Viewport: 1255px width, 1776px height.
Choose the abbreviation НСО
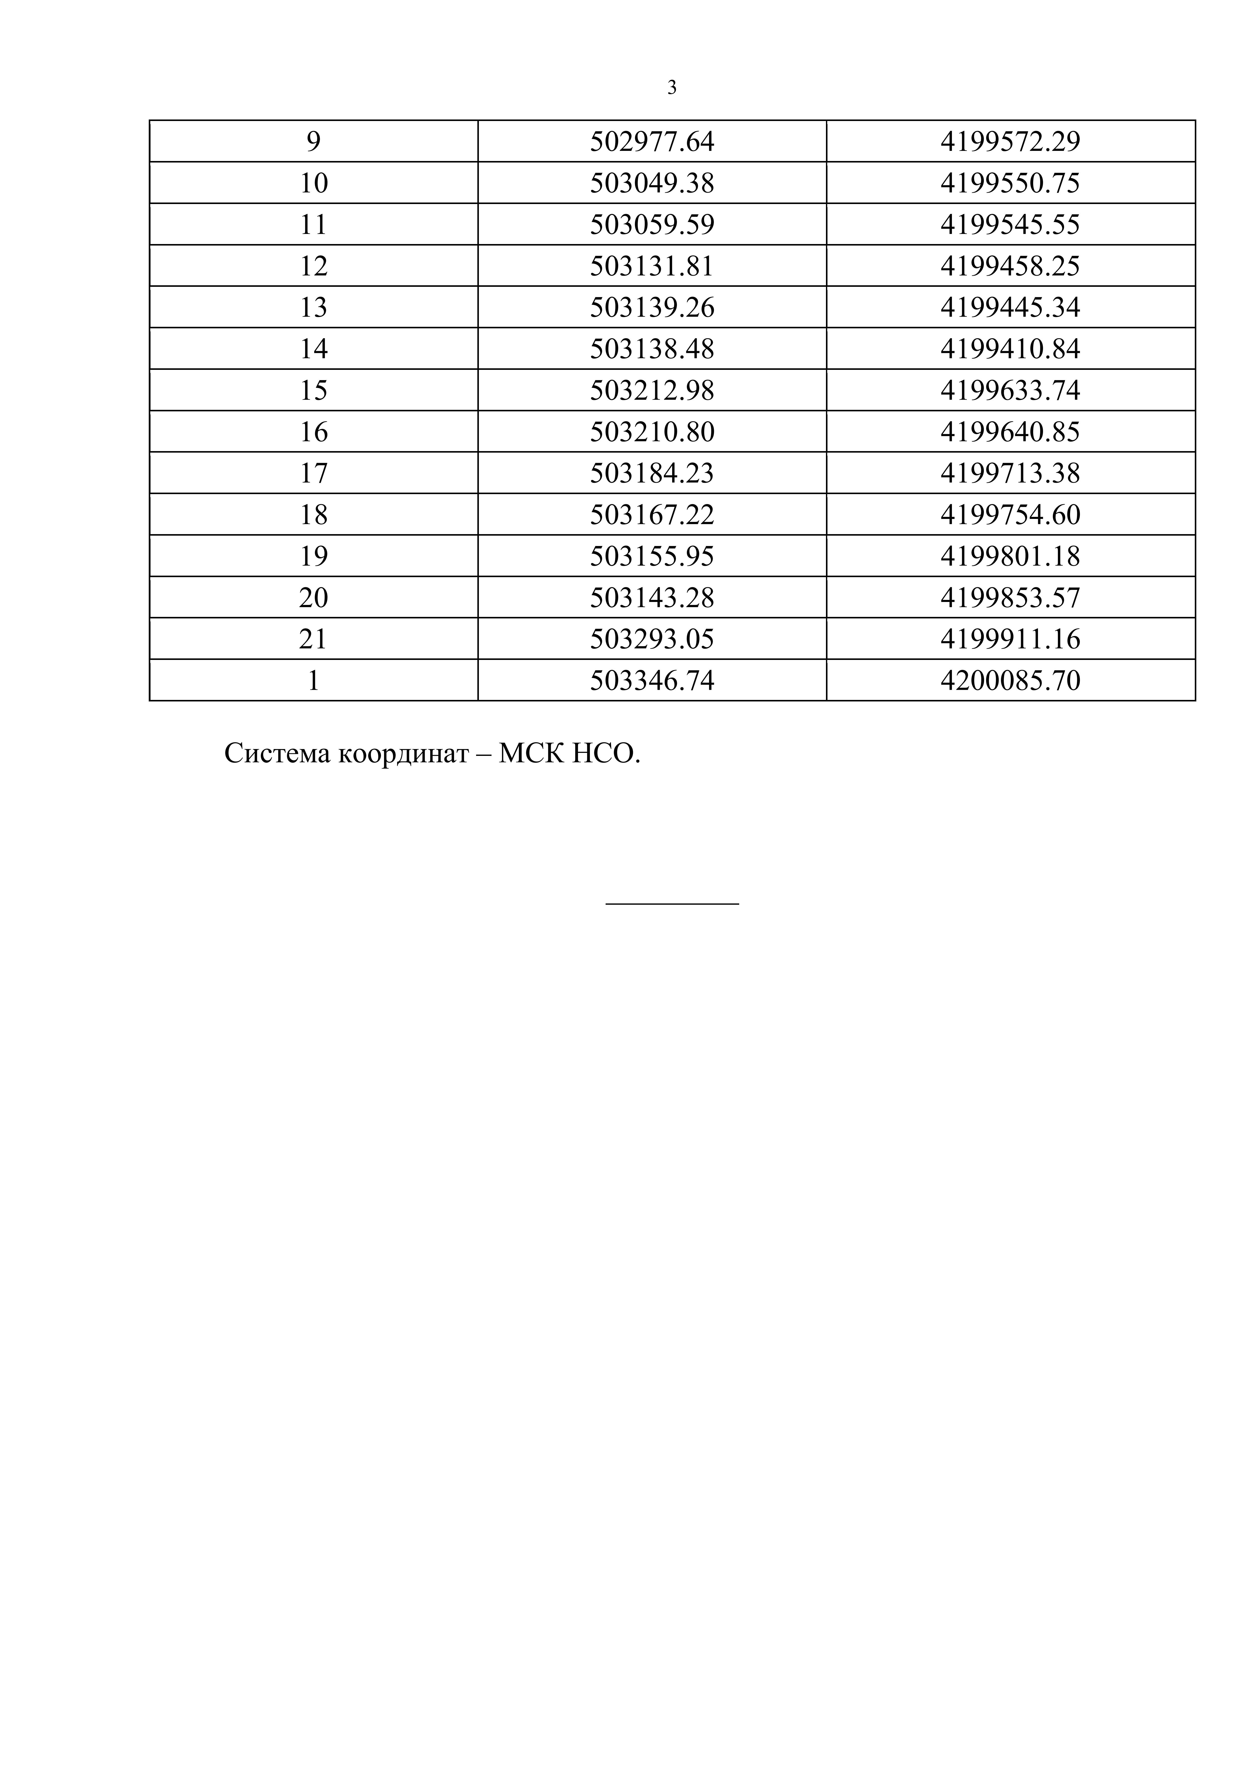coord(605,753)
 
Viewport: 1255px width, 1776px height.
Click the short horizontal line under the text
coord(672,903)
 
